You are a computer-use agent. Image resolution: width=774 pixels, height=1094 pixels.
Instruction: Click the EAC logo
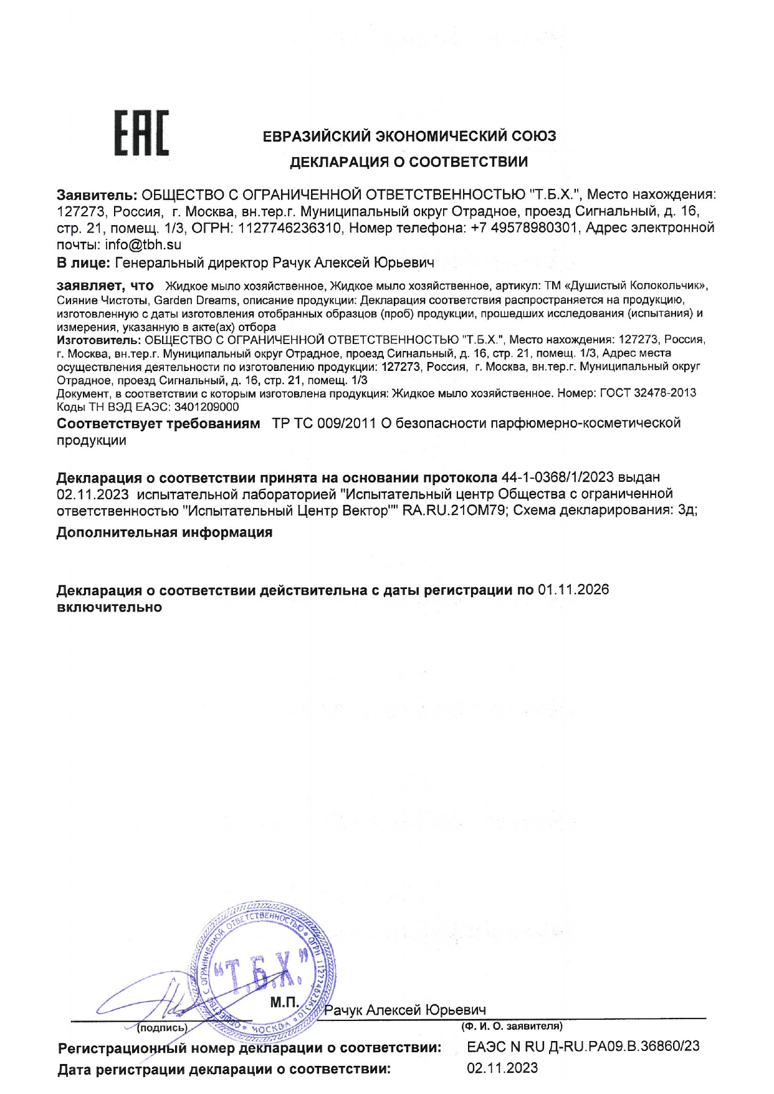tap(142, 132)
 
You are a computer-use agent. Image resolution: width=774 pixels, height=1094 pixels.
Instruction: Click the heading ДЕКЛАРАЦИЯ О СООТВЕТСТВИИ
tap(409, 163)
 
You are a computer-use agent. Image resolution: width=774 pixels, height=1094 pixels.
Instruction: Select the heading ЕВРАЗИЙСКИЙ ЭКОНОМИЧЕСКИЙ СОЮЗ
tap(409, 136)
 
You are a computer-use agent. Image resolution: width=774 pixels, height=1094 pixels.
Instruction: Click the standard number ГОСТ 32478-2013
tap(647, 393)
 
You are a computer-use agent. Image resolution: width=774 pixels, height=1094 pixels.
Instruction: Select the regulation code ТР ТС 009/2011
tap(323, 424)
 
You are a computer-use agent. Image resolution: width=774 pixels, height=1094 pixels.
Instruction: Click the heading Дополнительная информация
tap(165, 533)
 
